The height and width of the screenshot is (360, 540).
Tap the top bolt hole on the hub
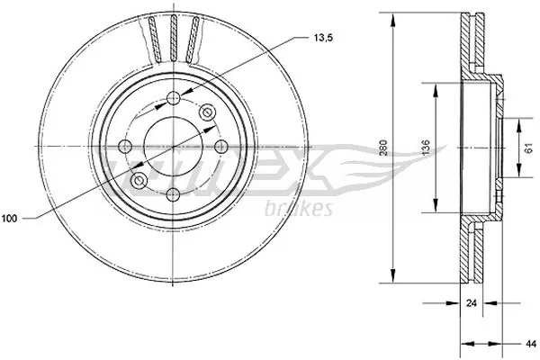pyautogui.click(x=173, y=99)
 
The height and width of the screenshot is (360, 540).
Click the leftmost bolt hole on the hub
pyautogui.click(x=126, y=146)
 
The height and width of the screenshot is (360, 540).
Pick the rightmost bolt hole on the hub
pyautogui.click(x=220, y=146)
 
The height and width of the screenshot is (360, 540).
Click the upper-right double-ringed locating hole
pyautogui.click(x=207, y=112)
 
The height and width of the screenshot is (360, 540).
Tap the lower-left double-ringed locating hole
pyautogui.click(x=139, y=181)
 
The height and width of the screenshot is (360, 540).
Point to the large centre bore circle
pyautogui.click(x=173, y=146)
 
